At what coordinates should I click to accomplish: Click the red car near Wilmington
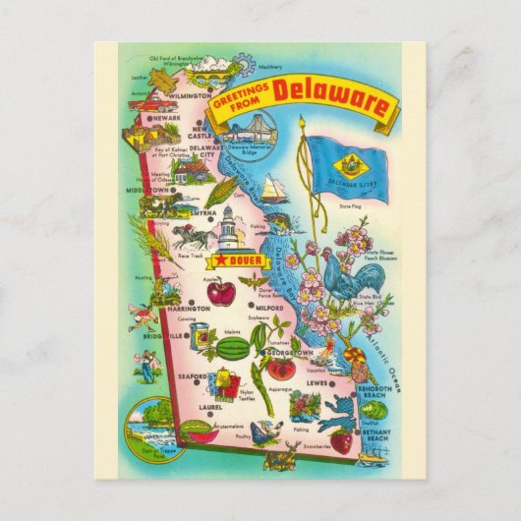pyautogui.click(x=147, y=99)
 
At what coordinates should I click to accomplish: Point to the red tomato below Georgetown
pyautogui.click(x=282, y=370)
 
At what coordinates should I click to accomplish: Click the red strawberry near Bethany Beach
pyautogui.click(x=341, y=441)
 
